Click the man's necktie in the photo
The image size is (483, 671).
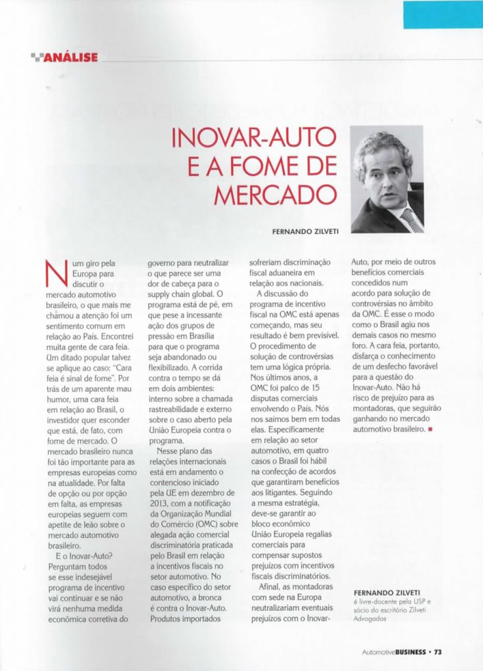click(x=411, y=220)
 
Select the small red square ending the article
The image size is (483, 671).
click(x=430, y=430)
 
